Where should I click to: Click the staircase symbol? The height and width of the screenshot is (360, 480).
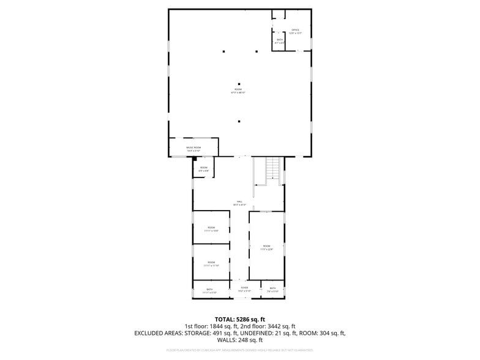pyautogui.click(x=272, y=170)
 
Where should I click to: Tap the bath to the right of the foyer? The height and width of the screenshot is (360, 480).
pyautogui.click(x=272, y=290)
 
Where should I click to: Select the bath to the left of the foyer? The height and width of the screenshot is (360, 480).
pyautogui.click(x=209, y=290)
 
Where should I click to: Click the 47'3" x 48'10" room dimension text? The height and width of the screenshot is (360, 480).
pyautogui.click(x=238, y=92)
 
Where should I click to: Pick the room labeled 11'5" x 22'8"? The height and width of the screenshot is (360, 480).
pyautogui.click(x=266, y=248)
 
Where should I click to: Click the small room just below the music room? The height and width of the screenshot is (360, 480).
pyautogui.click(x=203, y=169)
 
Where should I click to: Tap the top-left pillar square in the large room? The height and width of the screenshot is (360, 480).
pyautogui.click(x=224, y=51)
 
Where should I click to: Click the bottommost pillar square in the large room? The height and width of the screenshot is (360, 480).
pyautogui.click(x=239, y=121)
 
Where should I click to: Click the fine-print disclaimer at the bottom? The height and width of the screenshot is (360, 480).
pyautogui.click(x=240, y=350)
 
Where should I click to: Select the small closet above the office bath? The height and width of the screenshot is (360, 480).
pyautogui.click(x=279, y=15)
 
